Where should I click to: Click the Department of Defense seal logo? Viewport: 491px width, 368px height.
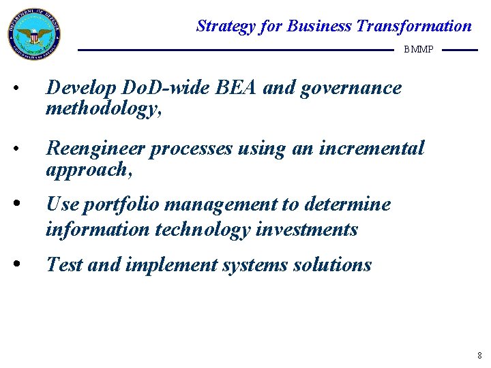click(34, 34)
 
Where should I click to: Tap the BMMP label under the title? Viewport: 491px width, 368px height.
click(418, 50)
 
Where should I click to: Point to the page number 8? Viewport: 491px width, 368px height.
click(480, 356)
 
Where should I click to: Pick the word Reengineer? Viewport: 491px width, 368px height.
click(95, 149)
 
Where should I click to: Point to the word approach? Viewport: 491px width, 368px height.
click(87, 169)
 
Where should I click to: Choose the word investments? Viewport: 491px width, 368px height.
click(307, 230)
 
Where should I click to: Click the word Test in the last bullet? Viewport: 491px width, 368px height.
click(64, 264)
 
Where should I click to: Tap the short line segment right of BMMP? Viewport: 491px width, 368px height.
click(460, 50)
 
